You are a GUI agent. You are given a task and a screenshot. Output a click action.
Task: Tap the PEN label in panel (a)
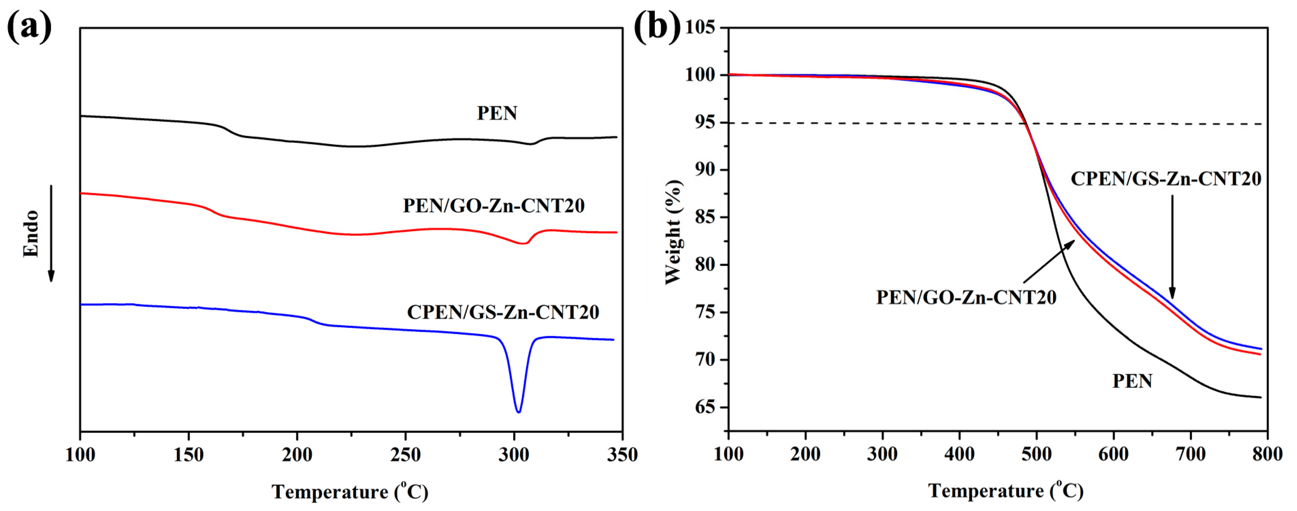coord(497,113)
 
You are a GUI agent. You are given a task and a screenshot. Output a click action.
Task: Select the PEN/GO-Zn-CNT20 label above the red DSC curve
coord(493,206)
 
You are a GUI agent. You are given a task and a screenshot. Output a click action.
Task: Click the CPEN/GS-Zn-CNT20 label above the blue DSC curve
coord(503,312)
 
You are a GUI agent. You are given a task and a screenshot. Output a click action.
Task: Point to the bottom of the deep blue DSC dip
coord(518,411)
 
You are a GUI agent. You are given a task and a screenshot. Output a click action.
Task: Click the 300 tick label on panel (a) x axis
coord(514,455)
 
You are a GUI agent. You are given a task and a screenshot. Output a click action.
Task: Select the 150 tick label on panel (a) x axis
coord(188,455)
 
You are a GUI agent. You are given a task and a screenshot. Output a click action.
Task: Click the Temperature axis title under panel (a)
coord(350,491)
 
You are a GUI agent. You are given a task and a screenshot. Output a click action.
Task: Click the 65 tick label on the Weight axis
coord(705,407)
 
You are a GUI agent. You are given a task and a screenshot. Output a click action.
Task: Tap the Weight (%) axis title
coord(674,232)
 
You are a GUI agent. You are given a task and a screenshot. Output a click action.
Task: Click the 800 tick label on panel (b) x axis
coord(1267,455)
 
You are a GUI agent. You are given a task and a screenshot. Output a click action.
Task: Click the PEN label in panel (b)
coord(1132,381)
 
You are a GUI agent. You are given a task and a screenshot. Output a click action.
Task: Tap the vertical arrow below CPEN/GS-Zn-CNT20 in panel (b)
coord(1172,247)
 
